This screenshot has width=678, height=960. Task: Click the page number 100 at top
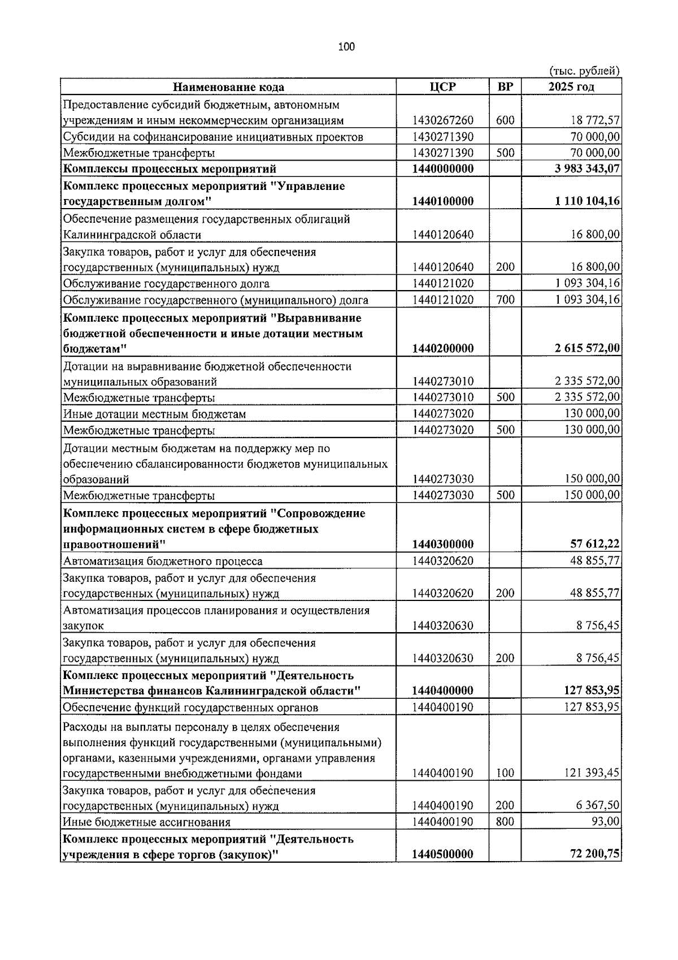(346, 47)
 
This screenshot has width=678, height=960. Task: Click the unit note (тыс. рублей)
(584, 71)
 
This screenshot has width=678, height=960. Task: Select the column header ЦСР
(442, 87)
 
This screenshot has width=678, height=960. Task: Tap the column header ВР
(505, 87)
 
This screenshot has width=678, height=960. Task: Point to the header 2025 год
(571, 87)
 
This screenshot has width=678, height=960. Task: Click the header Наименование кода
(228, 87)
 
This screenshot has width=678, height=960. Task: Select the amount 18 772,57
(593, 120)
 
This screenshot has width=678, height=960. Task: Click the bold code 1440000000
(442, 168)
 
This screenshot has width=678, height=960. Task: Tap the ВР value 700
(505, 300)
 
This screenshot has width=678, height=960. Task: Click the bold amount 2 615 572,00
(585, 348)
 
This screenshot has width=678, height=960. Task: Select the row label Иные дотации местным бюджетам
(154, 414)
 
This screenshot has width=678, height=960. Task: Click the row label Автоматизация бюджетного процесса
(163, 561)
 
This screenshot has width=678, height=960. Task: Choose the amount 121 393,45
(591, 773)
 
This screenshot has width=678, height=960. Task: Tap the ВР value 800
(505, 821)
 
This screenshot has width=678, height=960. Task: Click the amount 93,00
(605, 821)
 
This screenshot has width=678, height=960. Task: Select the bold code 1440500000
(442, 854)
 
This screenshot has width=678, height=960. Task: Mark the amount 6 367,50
(597, 806)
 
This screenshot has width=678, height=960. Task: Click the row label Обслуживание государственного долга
(166, 284)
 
